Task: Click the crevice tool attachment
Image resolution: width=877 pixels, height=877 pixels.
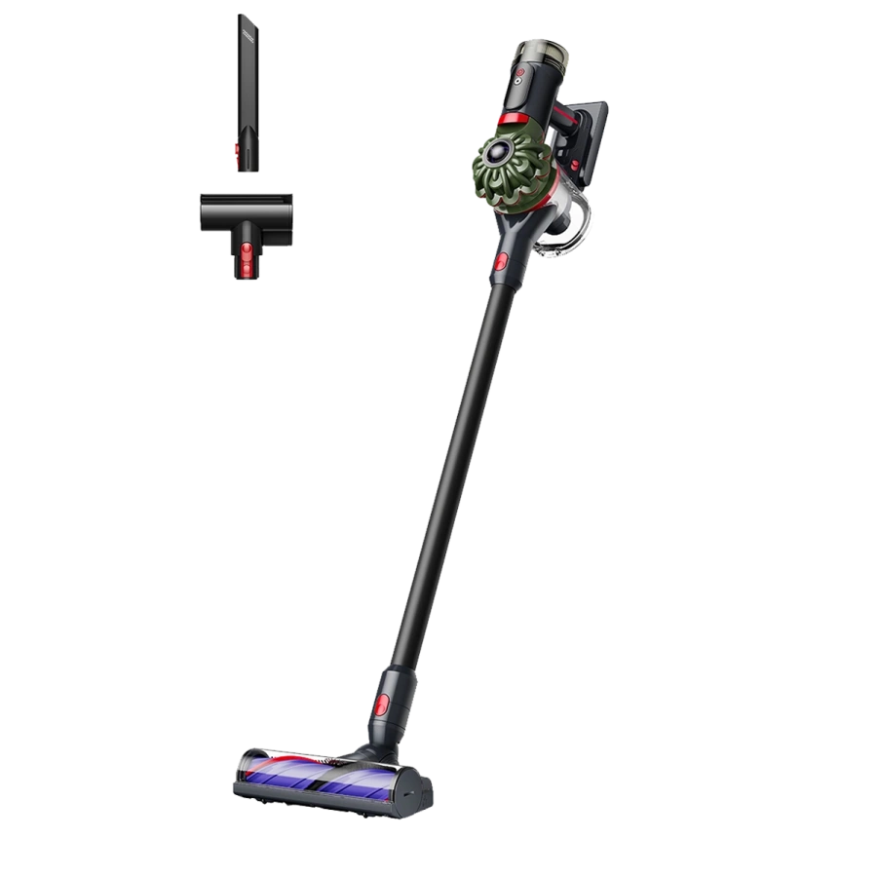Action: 248,93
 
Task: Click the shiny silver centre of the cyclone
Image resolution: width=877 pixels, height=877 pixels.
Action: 503,152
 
